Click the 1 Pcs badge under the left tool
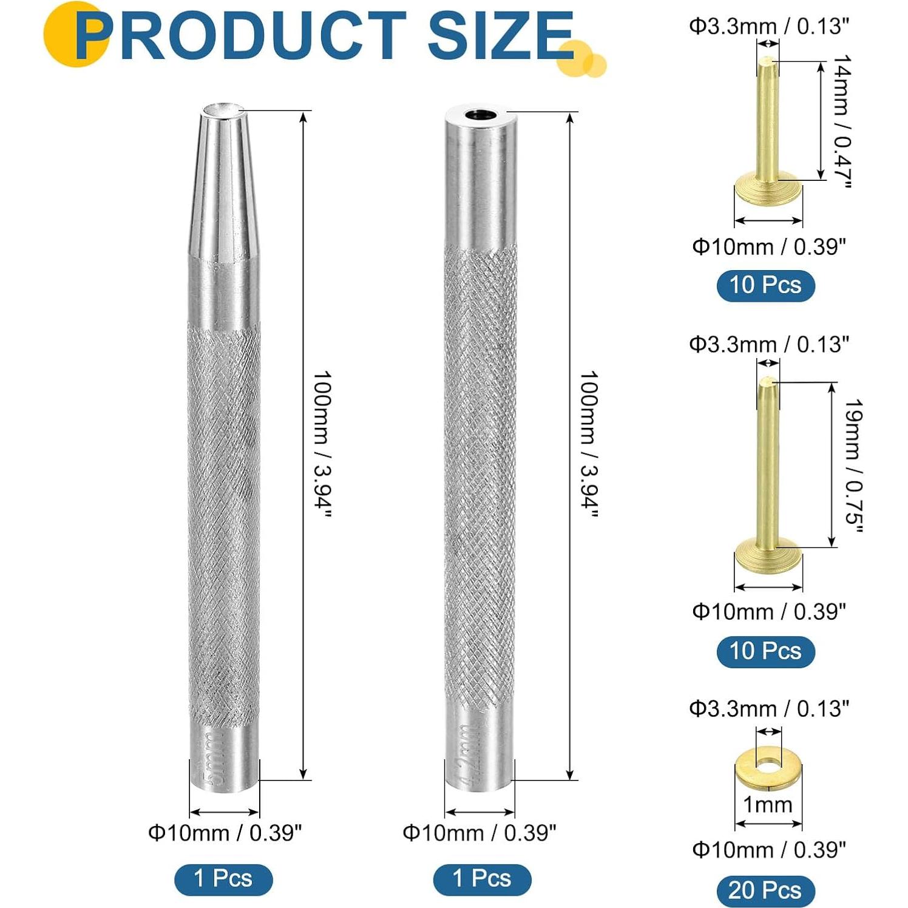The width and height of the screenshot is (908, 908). pos(223,879)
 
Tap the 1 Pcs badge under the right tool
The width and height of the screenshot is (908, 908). pos(482,879)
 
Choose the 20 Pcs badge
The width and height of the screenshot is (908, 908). pos(765,890)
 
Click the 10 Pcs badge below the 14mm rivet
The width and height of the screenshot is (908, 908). pos(765,285)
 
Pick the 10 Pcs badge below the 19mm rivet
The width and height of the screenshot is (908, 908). pos(765,651)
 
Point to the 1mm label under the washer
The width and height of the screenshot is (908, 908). pos(768,805)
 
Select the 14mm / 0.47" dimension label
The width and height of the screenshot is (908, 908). pos(842,121)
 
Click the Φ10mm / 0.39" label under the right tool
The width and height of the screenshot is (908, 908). pos(479,833)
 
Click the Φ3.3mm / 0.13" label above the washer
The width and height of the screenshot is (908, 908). pos(768,708)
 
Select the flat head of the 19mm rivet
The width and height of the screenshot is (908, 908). pos(768,555)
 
